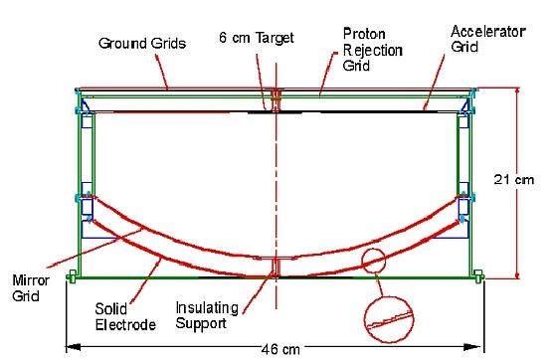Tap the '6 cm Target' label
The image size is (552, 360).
[253, 36]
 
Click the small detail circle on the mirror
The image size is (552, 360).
[376, 262]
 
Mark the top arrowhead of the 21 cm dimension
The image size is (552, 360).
[517, 90]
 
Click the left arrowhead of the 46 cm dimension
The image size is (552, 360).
[70, 347]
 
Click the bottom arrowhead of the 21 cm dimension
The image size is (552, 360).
[517, 273]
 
